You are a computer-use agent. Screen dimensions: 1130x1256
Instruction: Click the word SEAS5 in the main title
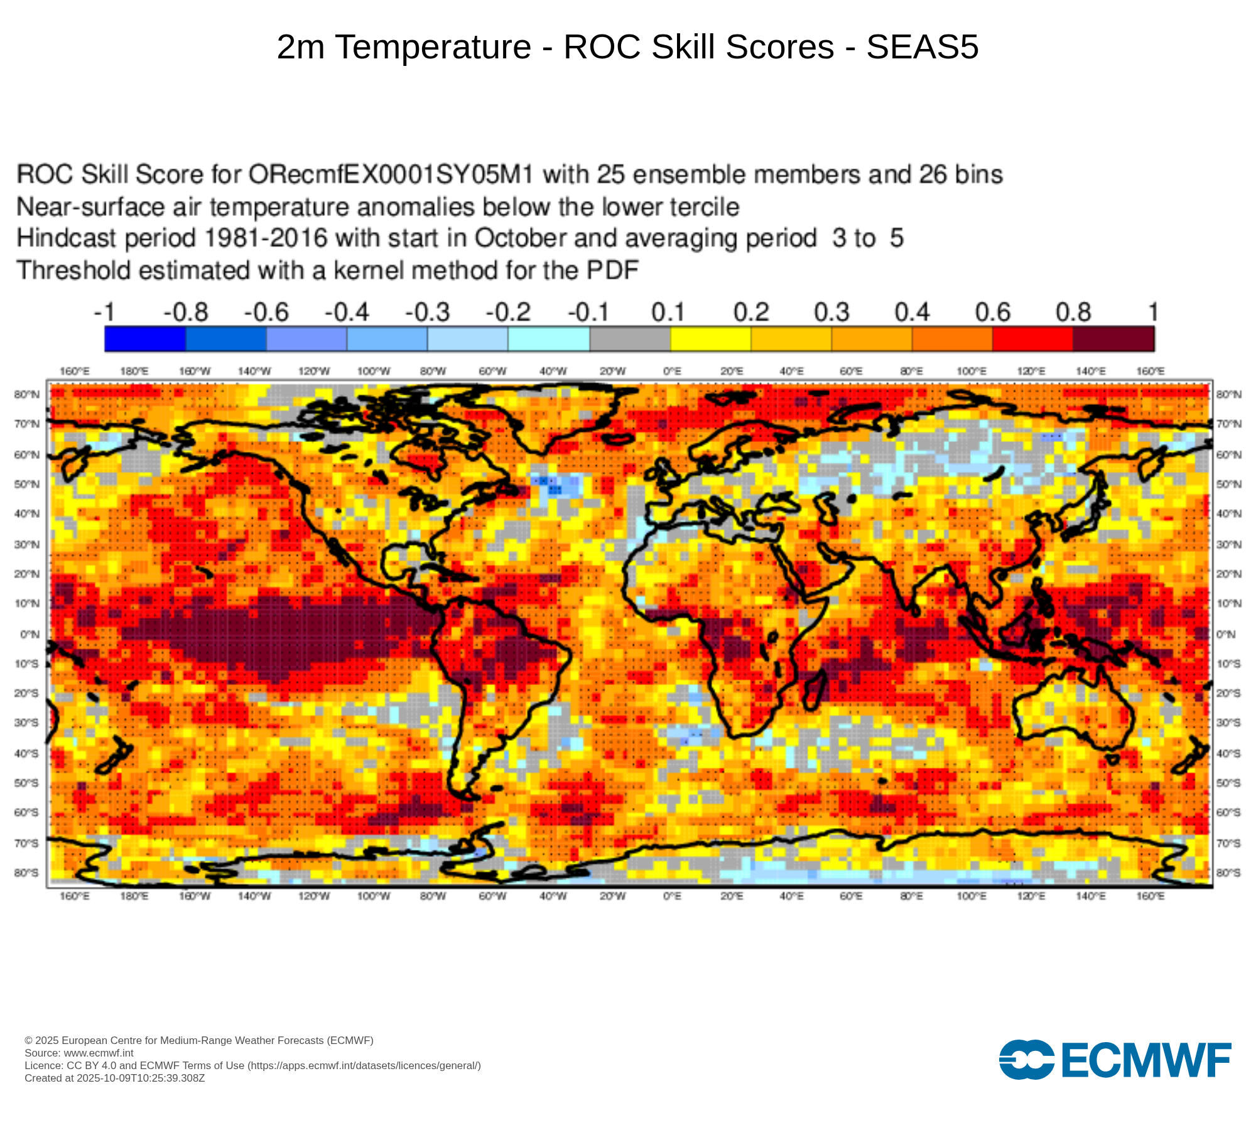[x=922, y=47]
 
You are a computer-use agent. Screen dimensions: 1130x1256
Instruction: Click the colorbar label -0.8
[x=186, y=312]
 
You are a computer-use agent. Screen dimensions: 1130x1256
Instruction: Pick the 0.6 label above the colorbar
[x=992, y=312]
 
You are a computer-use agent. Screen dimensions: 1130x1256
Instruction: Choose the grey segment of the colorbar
[x=630, y=339]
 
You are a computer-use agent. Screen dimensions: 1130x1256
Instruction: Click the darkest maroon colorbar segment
[x=1113, y=339]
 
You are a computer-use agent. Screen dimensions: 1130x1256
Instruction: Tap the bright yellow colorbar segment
[x=711, y=339]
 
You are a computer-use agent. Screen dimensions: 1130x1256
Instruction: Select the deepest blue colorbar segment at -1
[x=145, y=339]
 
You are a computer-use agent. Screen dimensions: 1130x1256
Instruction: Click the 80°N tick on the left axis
[x=27, y=394]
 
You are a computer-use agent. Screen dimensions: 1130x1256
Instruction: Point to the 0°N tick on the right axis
[x=1226, y=634]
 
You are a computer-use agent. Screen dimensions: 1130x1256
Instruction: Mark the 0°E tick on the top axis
[x=672, y=372]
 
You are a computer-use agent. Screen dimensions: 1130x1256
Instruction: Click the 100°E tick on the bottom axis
[x=972, y=896]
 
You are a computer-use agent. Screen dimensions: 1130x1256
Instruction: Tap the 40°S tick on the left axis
[x=27, y=753]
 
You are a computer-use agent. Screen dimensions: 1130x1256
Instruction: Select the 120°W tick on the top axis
[x=313, y=372]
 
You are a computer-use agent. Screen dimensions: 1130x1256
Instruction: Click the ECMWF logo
[x=1115, y=1060]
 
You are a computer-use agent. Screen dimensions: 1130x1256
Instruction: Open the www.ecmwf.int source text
[x=99, y=1053]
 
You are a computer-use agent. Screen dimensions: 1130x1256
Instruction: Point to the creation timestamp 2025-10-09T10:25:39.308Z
[x=141, y=1078]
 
